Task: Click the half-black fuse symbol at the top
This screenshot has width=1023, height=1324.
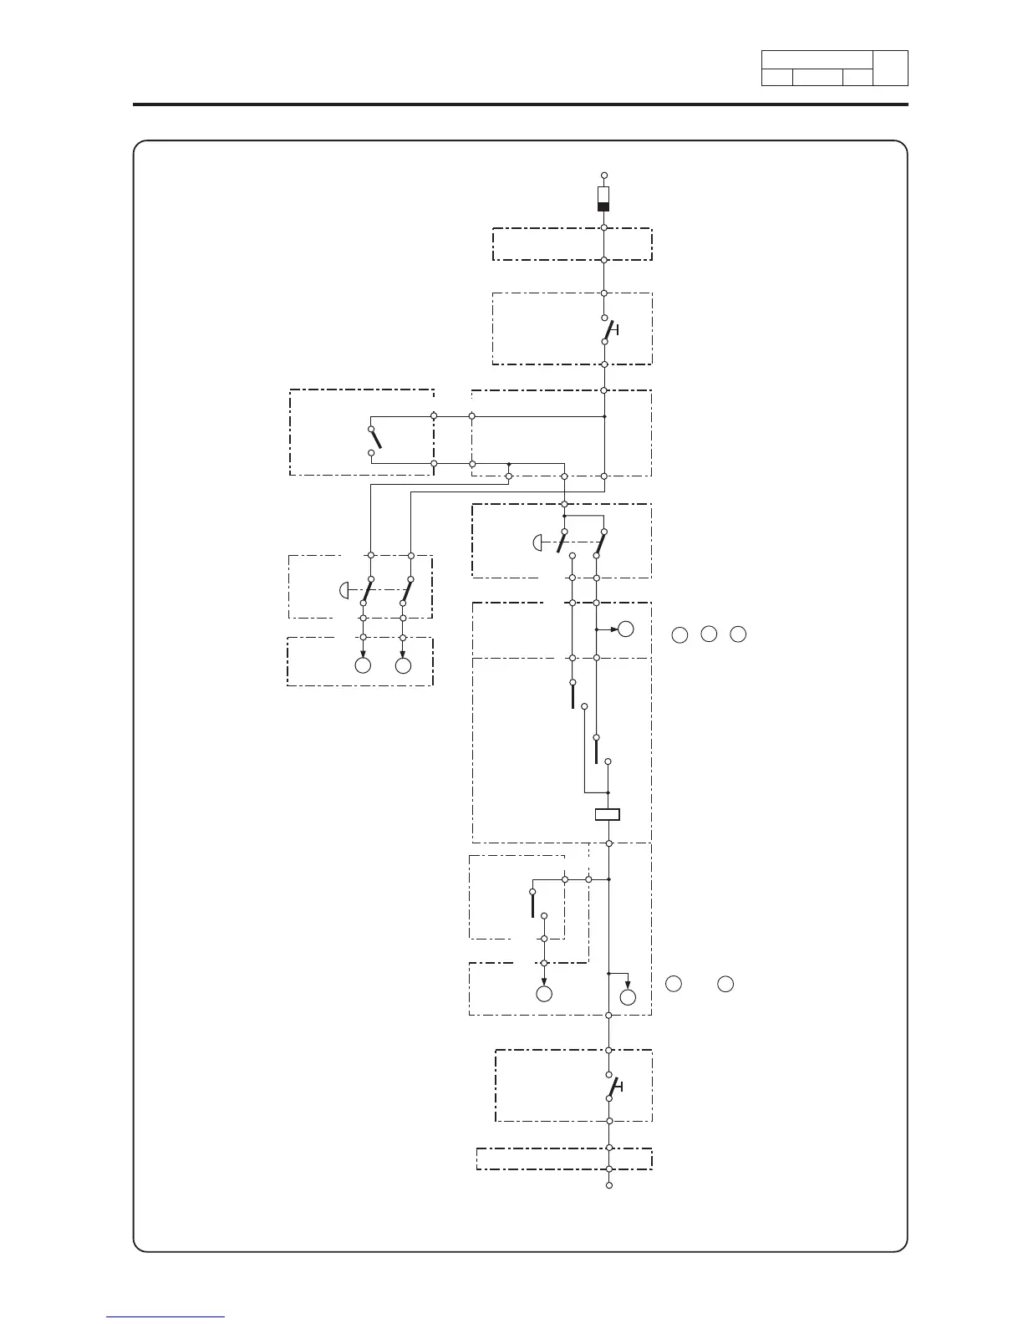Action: tap(603, 200)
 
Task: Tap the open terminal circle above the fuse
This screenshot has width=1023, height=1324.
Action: tap(603, 176)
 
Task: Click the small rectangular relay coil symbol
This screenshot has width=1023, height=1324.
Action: tap(608, 815)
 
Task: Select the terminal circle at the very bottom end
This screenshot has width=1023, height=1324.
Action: tap(609, 1185)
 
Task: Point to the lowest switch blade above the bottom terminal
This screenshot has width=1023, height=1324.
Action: tap(613, 1087)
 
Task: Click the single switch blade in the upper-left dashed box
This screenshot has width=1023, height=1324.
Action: tap(375, 439)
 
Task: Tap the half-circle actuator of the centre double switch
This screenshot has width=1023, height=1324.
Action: tap(537, 543)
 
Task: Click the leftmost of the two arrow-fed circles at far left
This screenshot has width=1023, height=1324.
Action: tap(363, 665)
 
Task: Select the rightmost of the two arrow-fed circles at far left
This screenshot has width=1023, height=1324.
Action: tap(403, 665)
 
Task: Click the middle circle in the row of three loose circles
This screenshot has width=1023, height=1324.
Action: tap(709, 634)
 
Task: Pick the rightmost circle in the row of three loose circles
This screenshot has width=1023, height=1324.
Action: tap(737, 634)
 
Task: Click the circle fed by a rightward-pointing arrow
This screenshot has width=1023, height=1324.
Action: tap(625, 629)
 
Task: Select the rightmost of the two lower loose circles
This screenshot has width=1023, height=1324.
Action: tap(725, 984)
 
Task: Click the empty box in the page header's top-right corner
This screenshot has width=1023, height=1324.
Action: tap(890, 68)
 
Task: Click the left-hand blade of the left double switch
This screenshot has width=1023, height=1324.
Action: tap(367, 590)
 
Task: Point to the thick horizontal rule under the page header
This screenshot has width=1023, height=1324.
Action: tap(520, 104)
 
